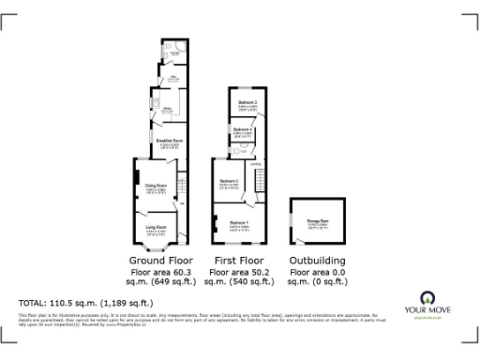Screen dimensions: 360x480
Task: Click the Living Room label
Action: coord(156,227)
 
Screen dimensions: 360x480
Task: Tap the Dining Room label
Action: coord(155,186)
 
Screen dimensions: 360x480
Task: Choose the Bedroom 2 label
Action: coord(230,181)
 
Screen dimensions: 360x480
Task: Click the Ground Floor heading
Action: coord(161,260)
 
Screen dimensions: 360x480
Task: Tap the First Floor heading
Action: coord(237,260)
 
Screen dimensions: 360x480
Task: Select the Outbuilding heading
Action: coord(316,260)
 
